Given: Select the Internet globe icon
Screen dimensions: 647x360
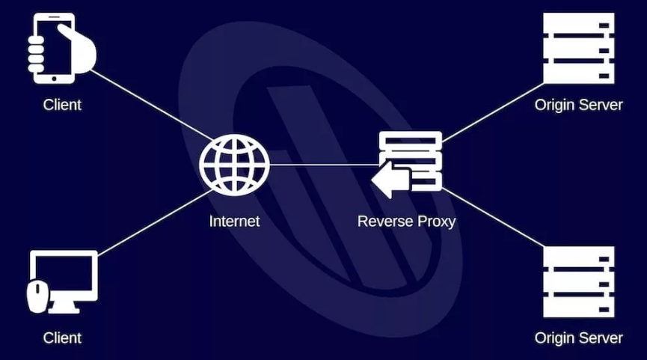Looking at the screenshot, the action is pos(234,165).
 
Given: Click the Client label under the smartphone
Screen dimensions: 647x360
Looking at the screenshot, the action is pos(62,105).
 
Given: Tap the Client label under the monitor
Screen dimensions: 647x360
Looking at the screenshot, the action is pos(62,338).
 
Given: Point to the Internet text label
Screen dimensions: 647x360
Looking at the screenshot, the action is pos(234,222).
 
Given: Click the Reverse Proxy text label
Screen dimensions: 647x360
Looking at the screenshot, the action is pos(406,222).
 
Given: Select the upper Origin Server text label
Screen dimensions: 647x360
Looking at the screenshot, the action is pos(578,105).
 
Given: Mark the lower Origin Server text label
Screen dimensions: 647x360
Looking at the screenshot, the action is pos(578,338).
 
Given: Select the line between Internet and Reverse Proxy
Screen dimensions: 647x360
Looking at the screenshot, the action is pos(322,165).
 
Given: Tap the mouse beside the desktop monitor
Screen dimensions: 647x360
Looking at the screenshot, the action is pos(37,296).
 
